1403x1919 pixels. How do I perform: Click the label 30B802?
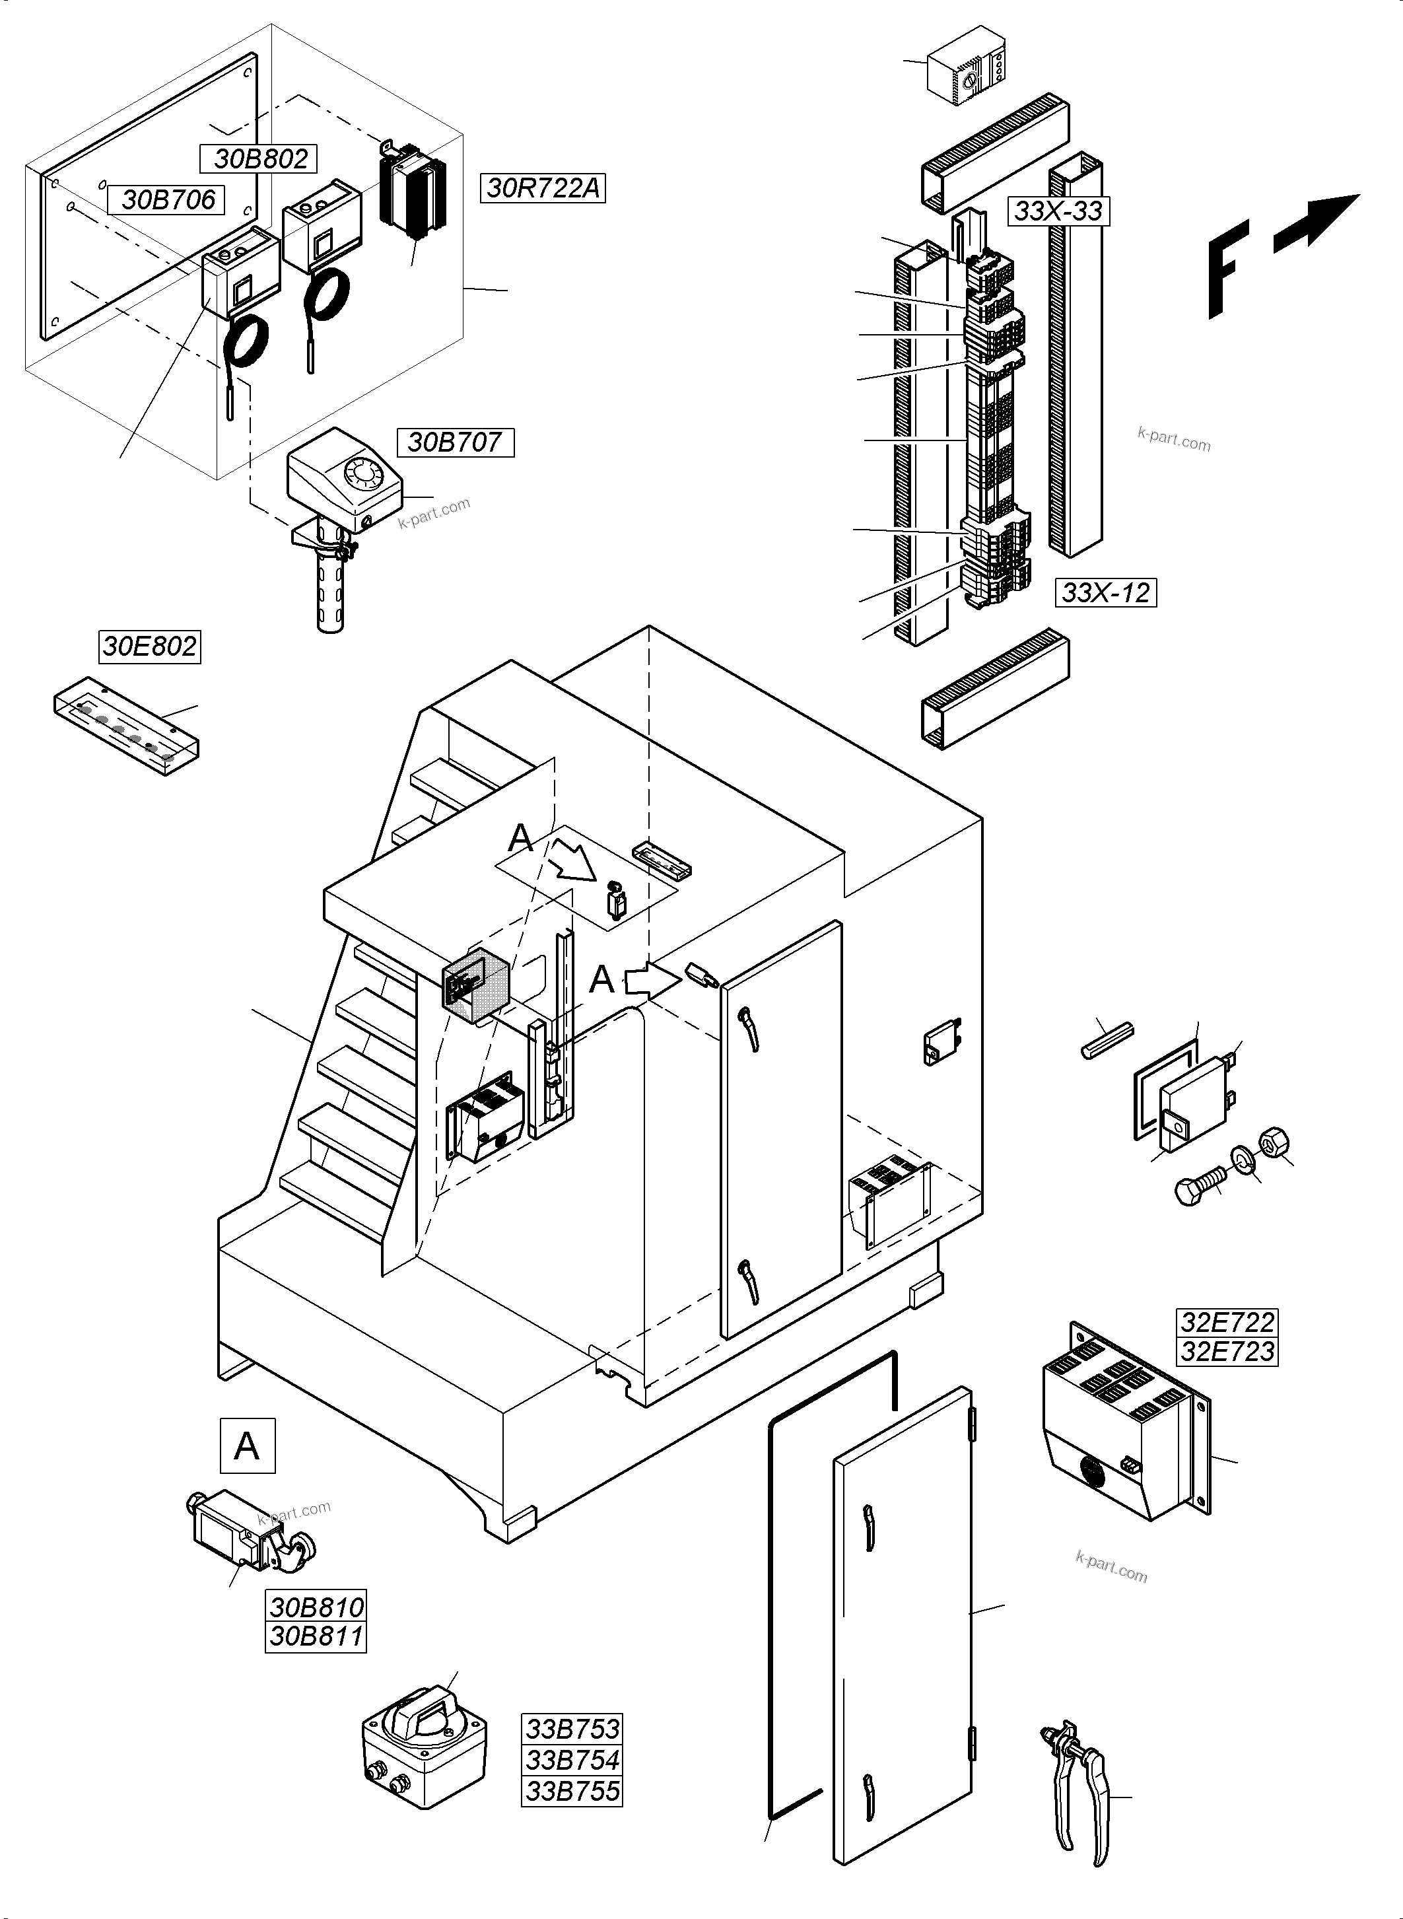tap(260, 159)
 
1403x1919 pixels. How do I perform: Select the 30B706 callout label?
tap(167, 199)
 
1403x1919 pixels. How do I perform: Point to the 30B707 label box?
tap(455, 442)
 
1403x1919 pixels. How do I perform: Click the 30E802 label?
tap(149, 647)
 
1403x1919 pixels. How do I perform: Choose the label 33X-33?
tap(1058, 211)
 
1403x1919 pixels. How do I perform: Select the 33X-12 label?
tap(1105, 592)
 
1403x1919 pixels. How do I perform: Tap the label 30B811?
tap(316, 1636)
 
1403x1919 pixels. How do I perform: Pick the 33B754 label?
tap(572, 1759)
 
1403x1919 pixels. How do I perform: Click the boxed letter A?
tap(247, 1445)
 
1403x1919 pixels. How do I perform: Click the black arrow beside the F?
tap(1317, 223)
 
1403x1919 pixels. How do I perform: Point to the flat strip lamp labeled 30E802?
tap(127, 726)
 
